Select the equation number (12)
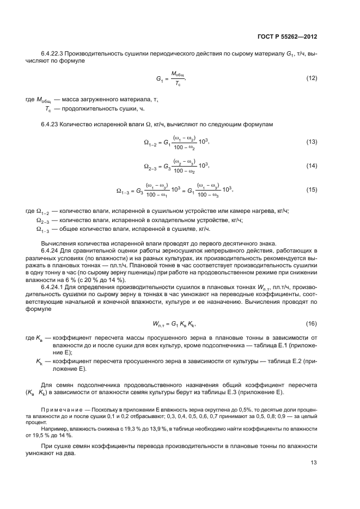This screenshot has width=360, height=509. pyautogui.click(x=311, y=78)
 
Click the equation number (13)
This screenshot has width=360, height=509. pyautogui.click(x=311, y=142)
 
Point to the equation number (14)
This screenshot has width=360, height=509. pyautogui.click(x=311, y=165)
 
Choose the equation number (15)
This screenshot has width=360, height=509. pyautogui.click(x=311, y=189)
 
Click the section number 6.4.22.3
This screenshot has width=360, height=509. pyautogui.click(x=54, y=54)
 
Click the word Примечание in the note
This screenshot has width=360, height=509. pyautogui.click(x=58, y=408)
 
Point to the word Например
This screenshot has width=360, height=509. pyautogui.click(x=53, y=429)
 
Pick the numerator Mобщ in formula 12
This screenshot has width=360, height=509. pyautogui.click(x=178, y=74)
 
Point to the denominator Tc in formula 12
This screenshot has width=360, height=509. pyautogui.click(x=178, y=83)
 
